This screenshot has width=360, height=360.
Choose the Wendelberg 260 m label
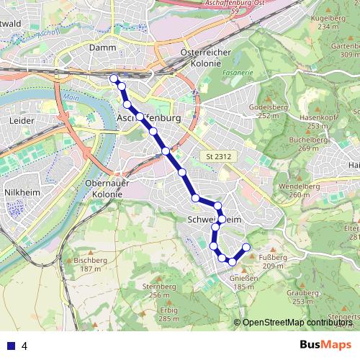pyautogui.click(x=304, y=190)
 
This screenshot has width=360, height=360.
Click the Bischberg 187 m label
pyautogui.click(x=90, y=264)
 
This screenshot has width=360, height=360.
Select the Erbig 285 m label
pyautogui.click(x=168, y=314)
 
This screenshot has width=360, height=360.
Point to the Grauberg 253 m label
pyautogui.click(x=302, y=297)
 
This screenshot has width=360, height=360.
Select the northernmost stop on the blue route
pyautogui.click(x=113, y=78)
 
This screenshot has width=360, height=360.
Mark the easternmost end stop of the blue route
pyautogui.click(x=246, y=248)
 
